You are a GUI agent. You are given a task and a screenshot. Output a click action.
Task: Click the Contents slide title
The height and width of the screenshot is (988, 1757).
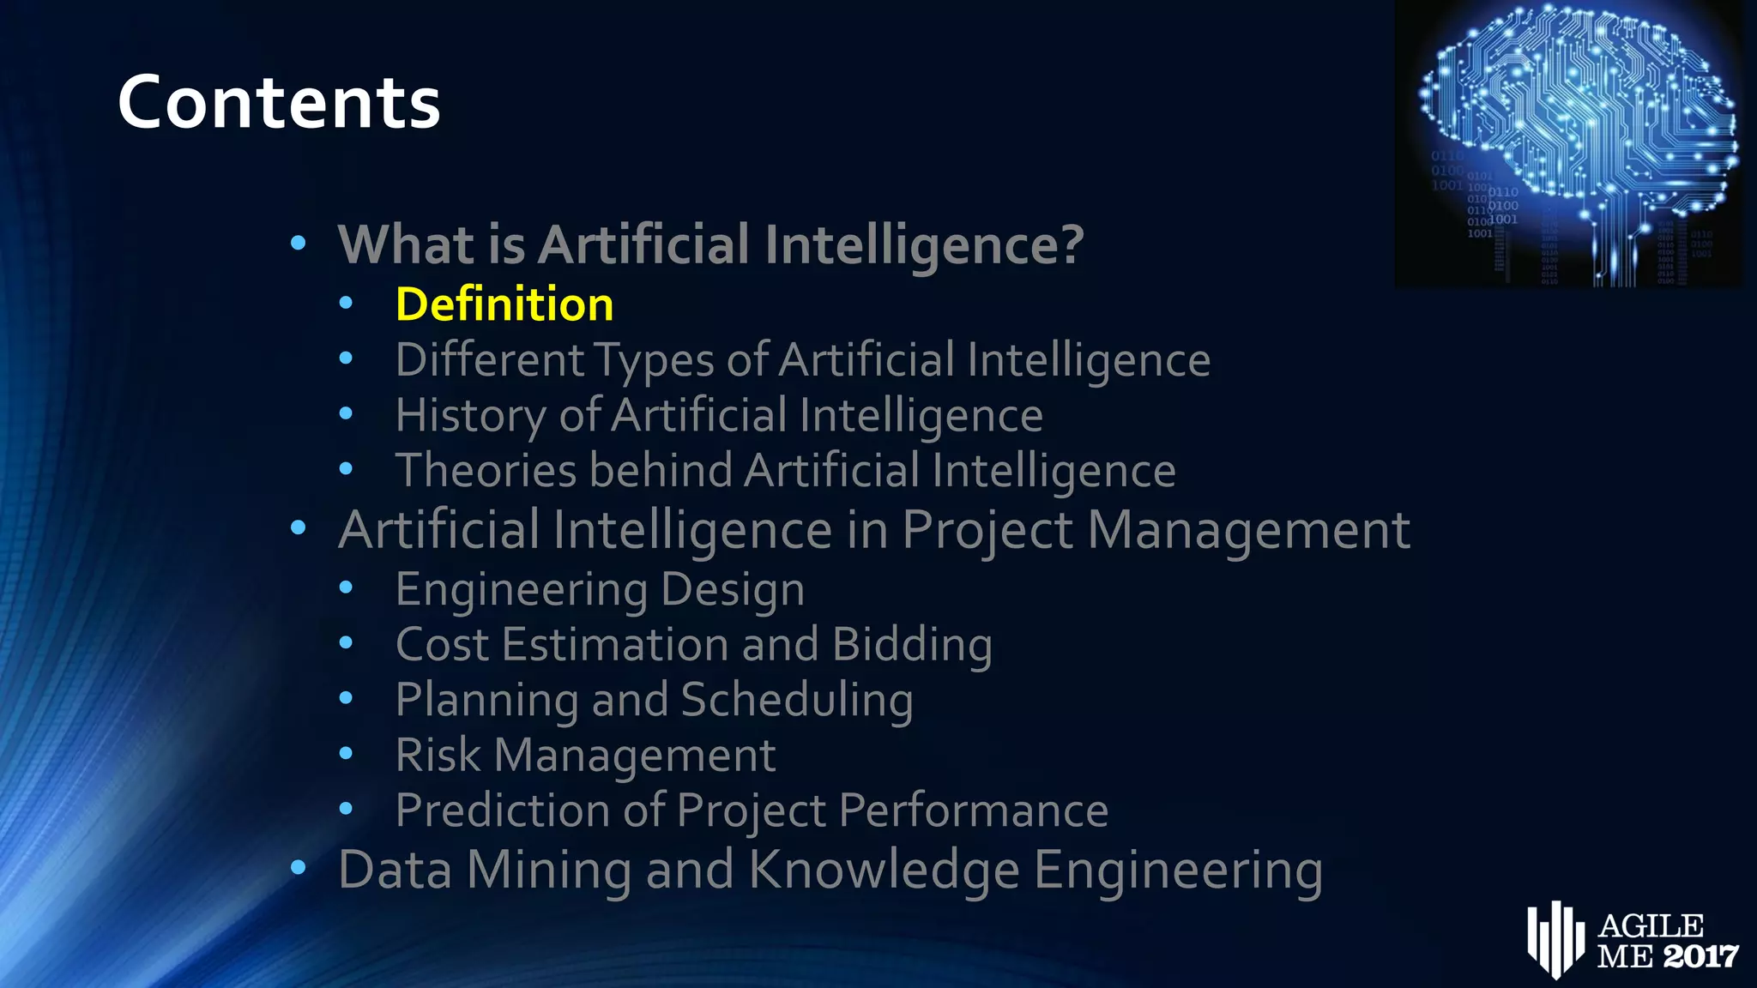pyautogui.click(x=279, y=103)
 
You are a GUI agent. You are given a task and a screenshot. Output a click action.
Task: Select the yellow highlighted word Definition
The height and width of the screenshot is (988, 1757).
pyautogui.click(x=504, y=304)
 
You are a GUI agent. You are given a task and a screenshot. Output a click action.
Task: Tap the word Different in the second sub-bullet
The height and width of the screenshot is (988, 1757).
pyautogui.click(x=490, y=359)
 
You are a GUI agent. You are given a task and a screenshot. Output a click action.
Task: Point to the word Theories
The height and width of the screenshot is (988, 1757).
pyautogui.click(x=486, y=471)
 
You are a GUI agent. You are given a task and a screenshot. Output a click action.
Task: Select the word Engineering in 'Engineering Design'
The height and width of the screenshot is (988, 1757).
pyautogui.click(x=521, y=590)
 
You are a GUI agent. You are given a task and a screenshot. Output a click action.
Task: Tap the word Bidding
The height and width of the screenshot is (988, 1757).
pyautogui.click(x=912, y=645)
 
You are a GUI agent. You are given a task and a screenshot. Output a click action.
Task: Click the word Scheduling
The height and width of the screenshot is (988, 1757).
pyautogui.click(x=797, y=700)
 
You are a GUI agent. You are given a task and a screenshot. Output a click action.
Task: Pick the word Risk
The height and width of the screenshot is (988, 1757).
pyautogui.click(x=438, y=756)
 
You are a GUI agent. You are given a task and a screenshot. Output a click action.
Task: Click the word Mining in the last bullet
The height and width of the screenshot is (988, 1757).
pyautogui.click(x=548, y=870)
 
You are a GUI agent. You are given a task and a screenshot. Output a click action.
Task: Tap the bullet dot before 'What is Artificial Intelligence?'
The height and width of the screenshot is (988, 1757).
pyautogui.click(x=298, y=244)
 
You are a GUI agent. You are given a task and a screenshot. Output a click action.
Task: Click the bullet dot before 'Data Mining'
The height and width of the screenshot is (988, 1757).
pyautogui.click(x=298, y=868)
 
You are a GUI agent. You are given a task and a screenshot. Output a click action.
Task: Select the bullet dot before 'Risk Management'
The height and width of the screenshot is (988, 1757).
pyautogui.click(x=346, y=754)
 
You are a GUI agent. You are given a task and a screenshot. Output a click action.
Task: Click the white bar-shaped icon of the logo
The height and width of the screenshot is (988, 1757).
pyautogui.click(x=1555, y=939)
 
